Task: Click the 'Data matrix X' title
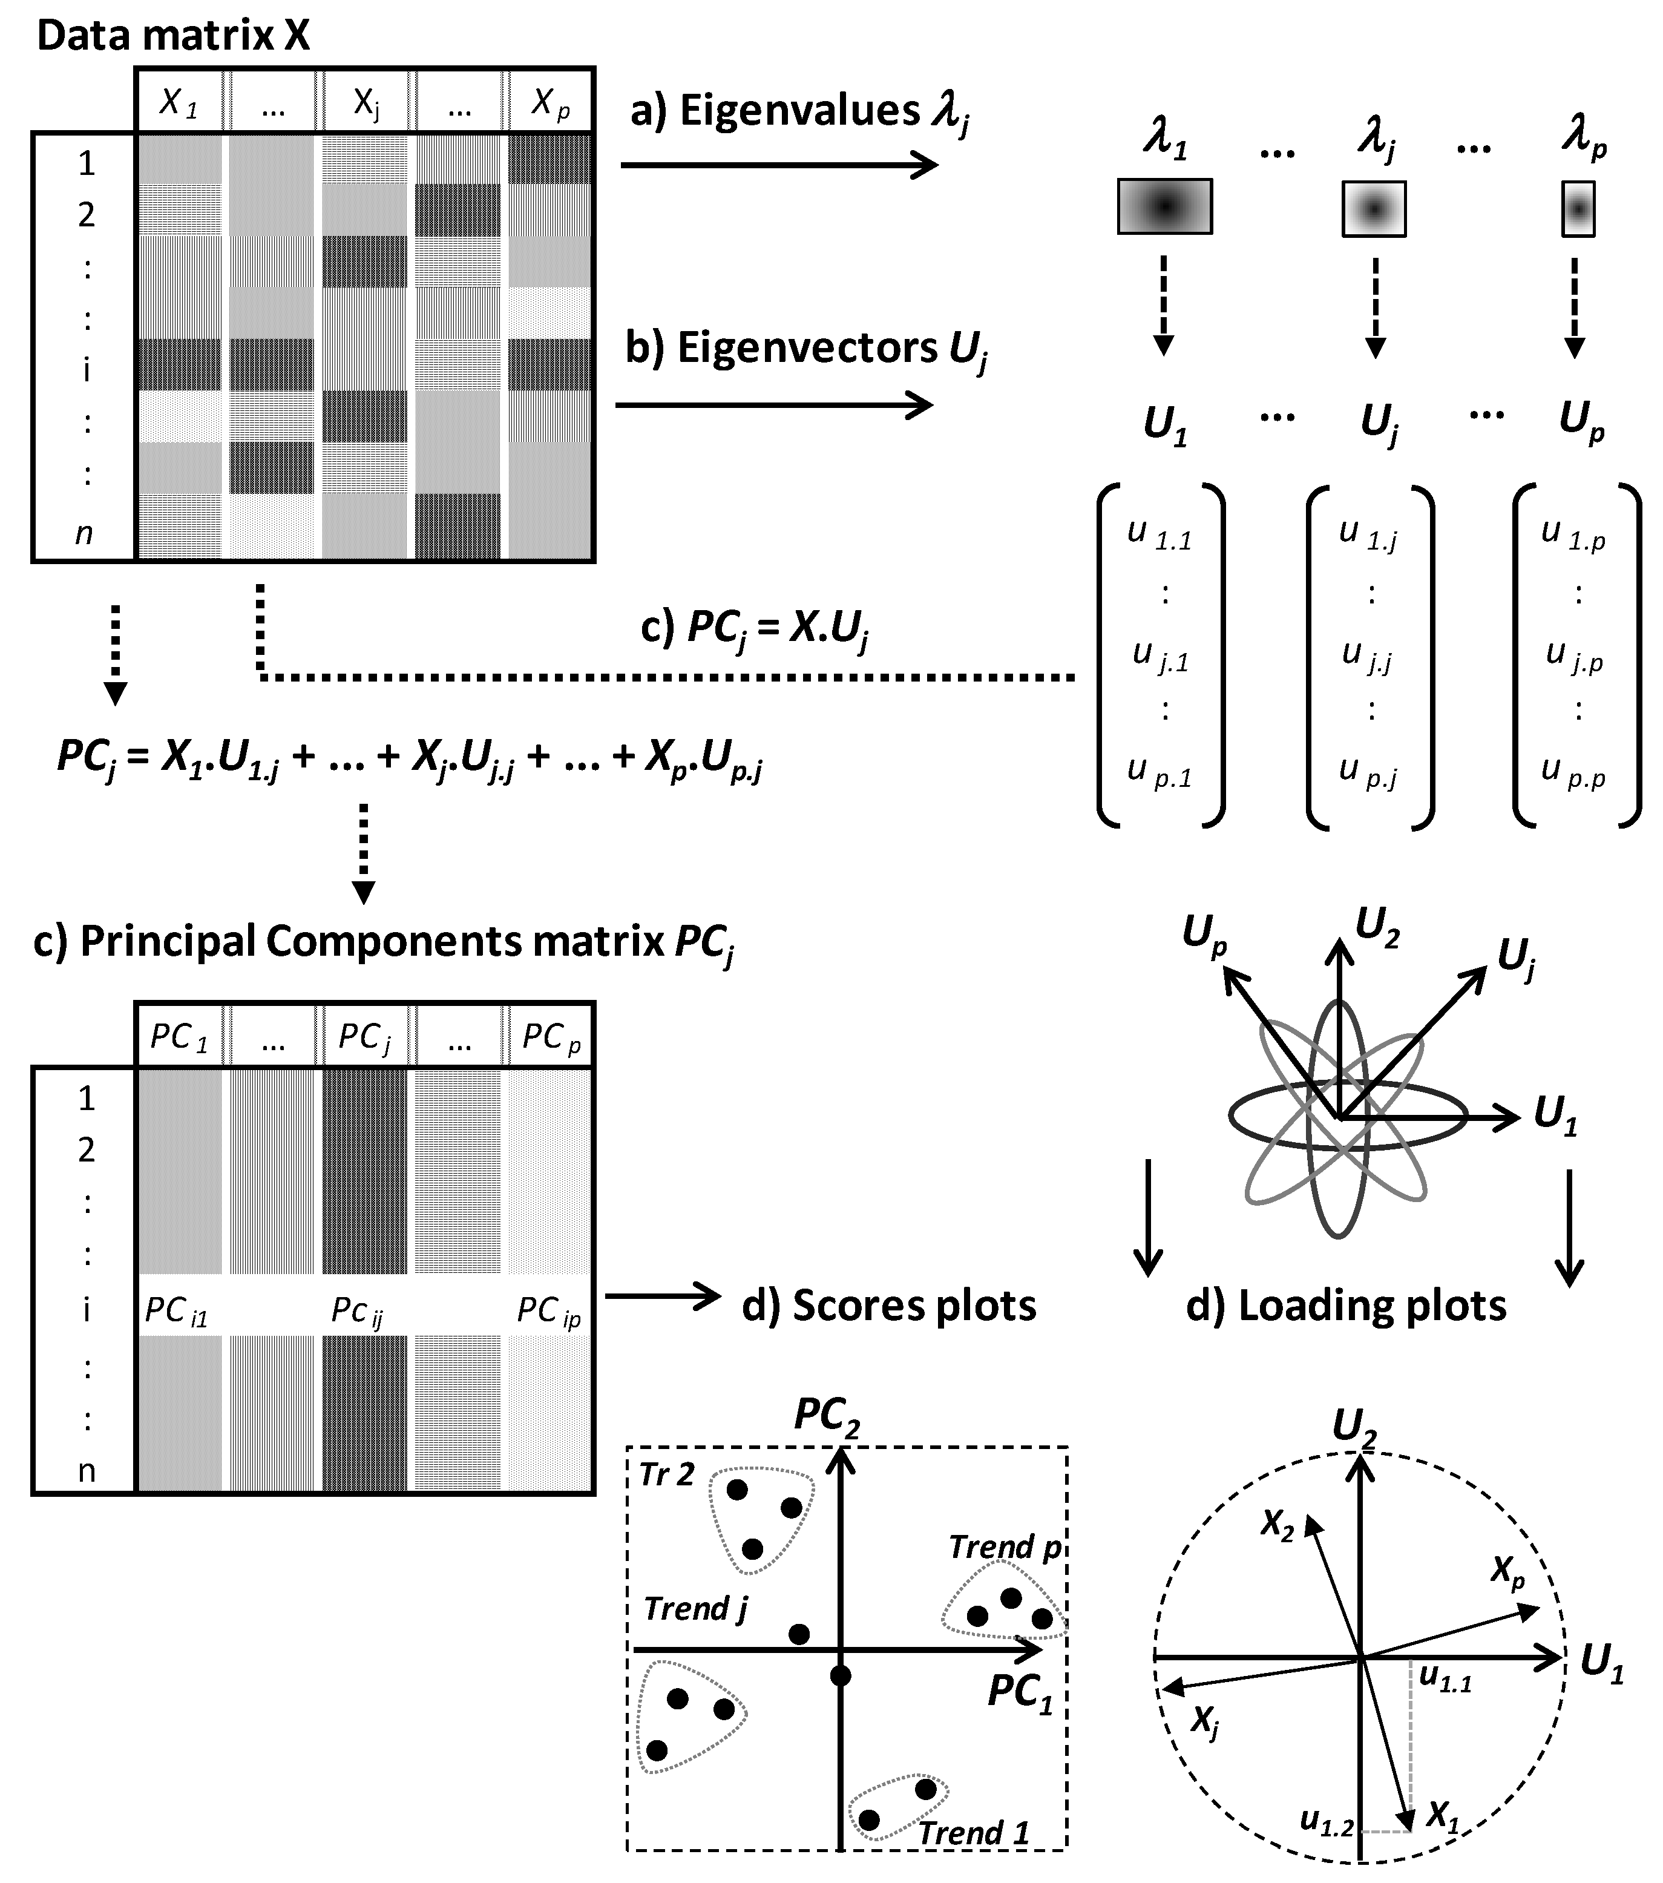point(173,35)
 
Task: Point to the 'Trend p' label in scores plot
point(1005,1546)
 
